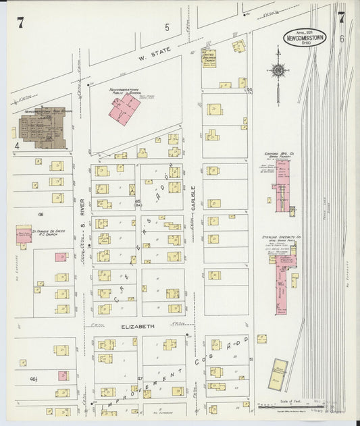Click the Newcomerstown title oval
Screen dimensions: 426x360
(x=303, y=38)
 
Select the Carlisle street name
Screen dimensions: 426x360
(x=193, y=199)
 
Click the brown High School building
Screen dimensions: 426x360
(x=41, y=128)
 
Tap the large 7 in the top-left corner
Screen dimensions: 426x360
(x=21, y=23)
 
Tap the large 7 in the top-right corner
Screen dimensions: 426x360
(x=341, y=19)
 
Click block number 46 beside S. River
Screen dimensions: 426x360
(x=41, y=214)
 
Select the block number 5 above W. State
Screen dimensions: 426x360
(x=167, y=28)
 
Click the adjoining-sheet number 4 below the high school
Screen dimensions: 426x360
(x=16, y=144)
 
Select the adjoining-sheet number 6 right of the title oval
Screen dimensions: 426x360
(x=343, y=39)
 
